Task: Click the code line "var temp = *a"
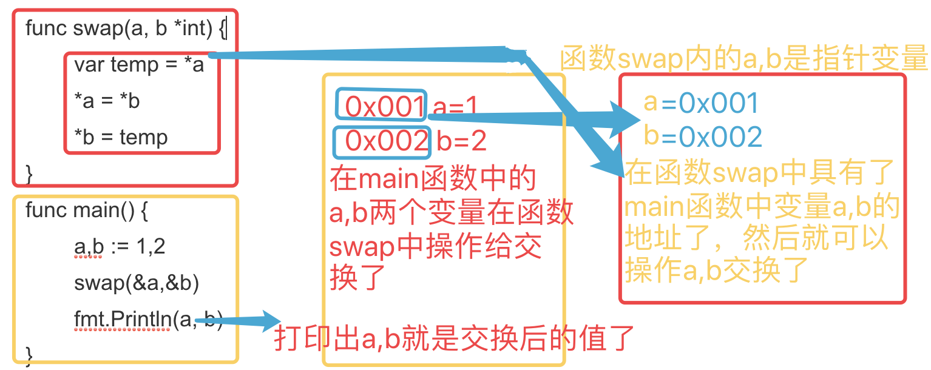coord(139,65)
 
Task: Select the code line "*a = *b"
coord(107,101)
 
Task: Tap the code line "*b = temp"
coord(121,138)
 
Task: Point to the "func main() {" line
coord(87,210)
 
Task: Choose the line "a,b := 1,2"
coord(120,247)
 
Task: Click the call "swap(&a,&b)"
coord(137,283)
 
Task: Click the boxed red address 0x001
coord(384,107)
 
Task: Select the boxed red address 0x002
coord(384,141)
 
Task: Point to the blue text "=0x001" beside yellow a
coord(710,104)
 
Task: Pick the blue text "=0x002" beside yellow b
coord(711,138)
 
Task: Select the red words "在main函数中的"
coord(433,179)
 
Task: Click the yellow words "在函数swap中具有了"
coord(760,172)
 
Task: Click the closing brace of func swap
coord(29,174)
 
